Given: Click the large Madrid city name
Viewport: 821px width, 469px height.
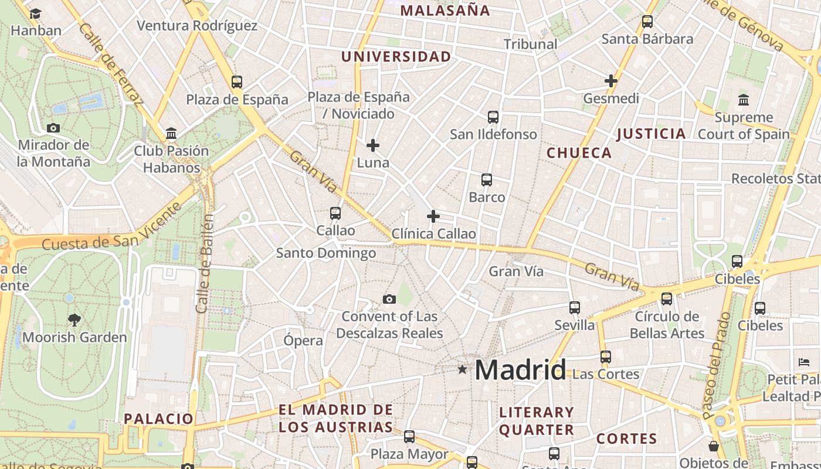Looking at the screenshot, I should (520, 370).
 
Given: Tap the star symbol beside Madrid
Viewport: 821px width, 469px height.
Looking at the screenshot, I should (463, 369).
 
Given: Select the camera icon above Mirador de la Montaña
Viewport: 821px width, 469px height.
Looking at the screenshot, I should (53, 128).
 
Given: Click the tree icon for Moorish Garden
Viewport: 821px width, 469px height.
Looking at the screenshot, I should (74, 320).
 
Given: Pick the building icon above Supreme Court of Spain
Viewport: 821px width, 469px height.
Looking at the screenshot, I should (744, 100).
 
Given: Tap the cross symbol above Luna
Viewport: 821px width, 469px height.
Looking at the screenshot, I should (373, 145).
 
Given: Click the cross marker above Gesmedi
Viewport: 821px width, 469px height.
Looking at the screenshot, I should (611, 81).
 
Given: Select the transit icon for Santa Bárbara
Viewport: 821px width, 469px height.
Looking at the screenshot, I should (647, 22).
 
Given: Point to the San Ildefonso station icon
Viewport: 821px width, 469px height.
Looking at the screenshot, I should (493, 117).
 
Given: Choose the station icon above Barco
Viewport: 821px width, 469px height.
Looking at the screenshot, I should (487, 180).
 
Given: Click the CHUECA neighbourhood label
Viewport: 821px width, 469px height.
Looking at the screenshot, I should (579, 153).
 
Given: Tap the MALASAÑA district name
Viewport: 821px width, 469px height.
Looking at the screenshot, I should (445, 11).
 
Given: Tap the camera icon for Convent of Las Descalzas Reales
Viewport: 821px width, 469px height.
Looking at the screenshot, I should (389, 300).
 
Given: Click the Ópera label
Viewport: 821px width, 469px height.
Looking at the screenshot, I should (303, 341).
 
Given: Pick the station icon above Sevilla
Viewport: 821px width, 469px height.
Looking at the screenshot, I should (575, 308).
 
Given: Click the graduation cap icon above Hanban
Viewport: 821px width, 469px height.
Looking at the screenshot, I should (35, 13).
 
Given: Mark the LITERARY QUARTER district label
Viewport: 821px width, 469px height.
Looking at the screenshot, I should (536, 421).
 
